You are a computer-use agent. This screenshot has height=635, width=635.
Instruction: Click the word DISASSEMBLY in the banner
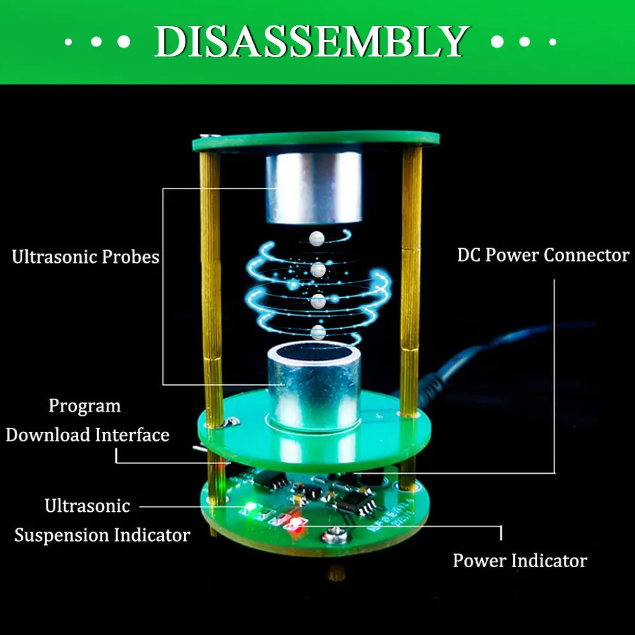[x=311, y=42]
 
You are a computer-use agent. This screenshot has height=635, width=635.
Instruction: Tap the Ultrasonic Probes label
[x=85, y=257]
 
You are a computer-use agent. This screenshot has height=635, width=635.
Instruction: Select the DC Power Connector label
[x=543, y=255]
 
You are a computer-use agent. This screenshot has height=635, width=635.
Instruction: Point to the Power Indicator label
[x=519, y=561]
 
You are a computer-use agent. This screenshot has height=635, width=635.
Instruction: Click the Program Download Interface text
[x=88, y=420]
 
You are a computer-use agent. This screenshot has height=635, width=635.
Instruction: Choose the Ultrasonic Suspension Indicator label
[x=102, y=521]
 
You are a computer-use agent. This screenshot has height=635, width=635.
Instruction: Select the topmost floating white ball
[x=316, y=239]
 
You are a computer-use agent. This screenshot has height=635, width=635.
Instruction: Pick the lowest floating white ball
[x=318, y=331]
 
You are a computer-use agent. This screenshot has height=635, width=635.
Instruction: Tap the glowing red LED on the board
[x=295, y=525]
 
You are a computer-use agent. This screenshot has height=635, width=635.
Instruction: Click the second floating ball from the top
[x=318, y=270]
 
